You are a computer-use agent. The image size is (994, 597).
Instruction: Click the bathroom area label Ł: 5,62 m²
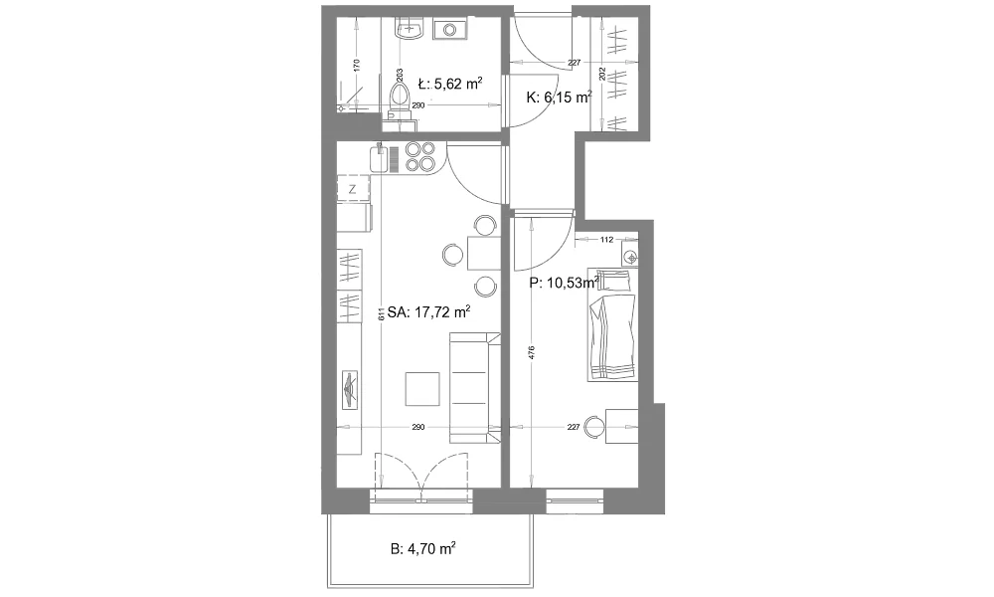[450, 84]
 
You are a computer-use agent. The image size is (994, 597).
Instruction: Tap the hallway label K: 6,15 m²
[559, 98]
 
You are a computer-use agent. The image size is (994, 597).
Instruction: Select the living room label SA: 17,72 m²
[429, 312]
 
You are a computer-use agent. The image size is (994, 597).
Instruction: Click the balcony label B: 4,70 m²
[423, 549]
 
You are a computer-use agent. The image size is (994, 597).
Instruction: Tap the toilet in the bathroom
[399, 102]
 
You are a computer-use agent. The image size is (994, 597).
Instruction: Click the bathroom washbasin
[410, 29]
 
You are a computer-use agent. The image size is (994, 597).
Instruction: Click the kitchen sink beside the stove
[379, 157]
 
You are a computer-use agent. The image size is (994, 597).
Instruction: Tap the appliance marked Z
[353, 189]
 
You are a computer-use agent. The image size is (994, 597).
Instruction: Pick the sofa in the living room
[475, 388]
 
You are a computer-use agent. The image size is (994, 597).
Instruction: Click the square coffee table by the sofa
[422, 389]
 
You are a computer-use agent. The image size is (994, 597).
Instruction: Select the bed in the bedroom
[612, 324]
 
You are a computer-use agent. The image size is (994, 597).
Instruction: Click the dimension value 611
[381, 314]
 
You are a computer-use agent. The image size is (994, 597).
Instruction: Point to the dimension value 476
[531, 352]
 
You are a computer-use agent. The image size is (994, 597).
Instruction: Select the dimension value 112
[606, 240]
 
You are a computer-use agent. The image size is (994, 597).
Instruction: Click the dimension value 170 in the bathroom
[356, 65]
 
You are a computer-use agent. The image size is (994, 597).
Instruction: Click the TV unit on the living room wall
[350, 389]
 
